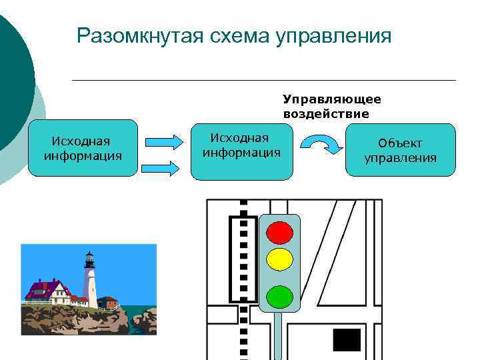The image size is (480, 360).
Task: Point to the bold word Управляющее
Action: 332,99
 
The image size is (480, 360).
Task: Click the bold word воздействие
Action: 326,113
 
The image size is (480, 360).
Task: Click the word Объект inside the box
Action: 400,143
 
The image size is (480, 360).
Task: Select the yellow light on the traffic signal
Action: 279,259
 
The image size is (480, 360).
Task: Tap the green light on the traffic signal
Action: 279,296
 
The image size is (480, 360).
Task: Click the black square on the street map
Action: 347,340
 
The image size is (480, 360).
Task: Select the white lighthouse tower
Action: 90,280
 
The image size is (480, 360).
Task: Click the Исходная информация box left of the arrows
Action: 83,148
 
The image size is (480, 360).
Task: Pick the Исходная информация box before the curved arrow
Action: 241,151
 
